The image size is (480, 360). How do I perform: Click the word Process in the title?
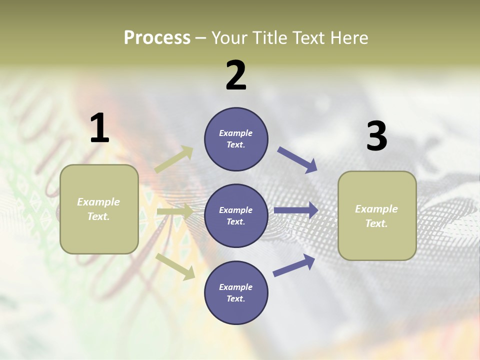157,37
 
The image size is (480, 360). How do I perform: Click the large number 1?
99,128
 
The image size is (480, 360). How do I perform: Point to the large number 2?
236,75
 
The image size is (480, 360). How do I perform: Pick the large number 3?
376,136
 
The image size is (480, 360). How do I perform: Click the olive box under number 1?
99,209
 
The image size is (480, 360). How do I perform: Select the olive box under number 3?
377,216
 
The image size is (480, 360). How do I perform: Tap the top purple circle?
236,139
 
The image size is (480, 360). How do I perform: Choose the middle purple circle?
236,215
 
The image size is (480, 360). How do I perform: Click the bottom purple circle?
236,292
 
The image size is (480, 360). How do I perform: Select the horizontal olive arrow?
175,212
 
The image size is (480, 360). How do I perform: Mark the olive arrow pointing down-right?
175,266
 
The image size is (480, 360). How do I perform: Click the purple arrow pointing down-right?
297,160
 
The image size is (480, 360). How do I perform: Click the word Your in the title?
228,37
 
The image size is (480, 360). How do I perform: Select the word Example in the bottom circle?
236,287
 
